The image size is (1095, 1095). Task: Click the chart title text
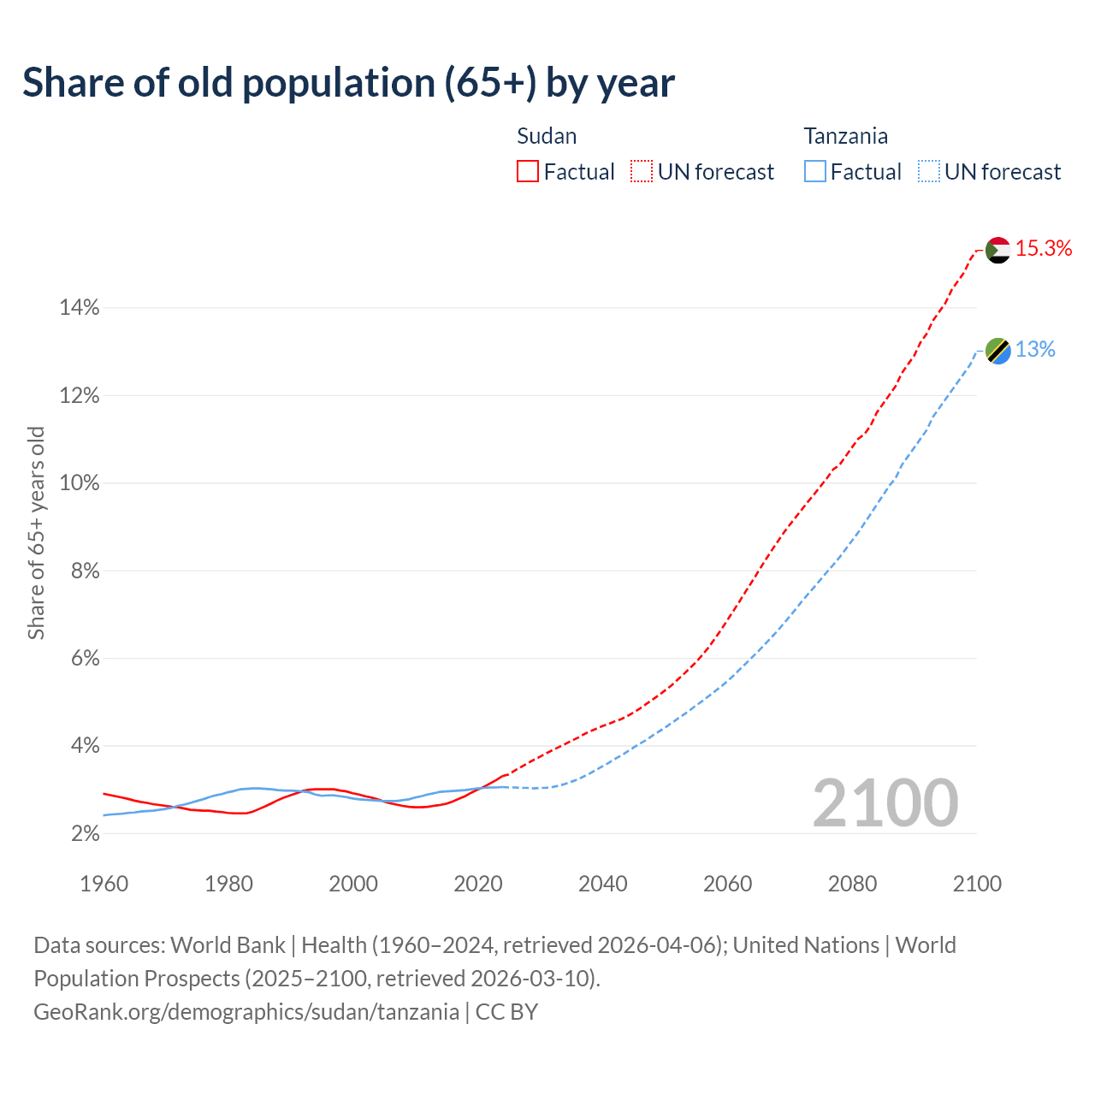click(348, 83)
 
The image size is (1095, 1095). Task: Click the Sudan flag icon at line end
click(997, 250)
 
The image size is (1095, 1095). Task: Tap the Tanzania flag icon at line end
click(997, 351)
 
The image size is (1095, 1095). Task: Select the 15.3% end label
click(1044, 249)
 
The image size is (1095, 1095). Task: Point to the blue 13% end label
click(1035, 350)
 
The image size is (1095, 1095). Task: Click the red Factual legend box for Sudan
click(528, 172)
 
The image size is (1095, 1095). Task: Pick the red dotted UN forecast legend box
click(642, 172)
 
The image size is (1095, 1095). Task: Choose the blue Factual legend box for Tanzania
click(815, 172)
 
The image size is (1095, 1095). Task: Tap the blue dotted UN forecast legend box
click(929, 172)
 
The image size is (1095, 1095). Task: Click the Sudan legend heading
click(547, 136)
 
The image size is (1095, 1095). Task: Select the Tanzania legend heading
click(845, 136)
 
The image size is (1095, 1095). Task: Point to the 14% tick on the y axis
click(80, 308)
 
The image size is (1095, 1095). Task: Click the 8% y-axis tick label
click(85, 571)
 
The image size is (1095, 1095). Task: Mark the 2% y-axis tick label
click(85, 833)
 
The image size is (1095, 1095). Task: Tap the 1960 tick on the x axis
click(104, 884)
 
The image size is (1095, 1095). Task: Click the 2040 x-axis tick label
click(602, 884)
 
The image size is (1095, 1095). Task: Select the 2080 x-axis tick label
click(852, 884)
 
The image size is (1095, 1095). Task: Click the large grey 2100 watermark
click(885, 803)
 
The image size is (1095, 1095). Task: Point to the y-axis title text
click(36, 533)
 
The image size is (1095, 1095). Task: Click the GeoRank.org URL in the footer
click(246, 1012)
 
